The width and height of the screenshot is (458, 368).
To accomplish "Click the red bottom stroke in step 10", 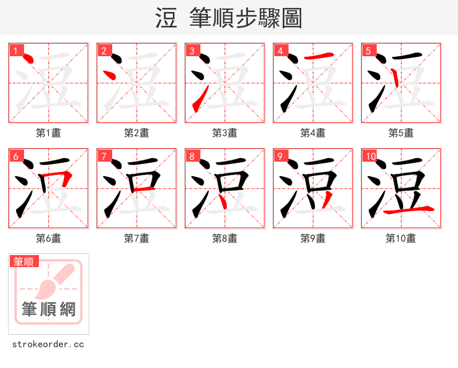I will point(408,211).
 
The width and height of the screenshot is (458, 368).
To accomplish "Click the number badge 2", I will point(104,51).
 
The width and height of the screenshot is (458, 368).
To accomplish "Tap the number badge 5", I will point(368,51).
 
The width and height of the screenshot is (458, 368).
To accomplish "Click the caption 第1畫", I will point(49,133).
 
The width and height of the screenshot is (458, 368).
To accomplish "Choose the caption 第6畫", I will point(49,238).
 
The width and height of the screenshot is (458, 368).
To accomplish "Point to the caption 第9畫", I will point(313,238).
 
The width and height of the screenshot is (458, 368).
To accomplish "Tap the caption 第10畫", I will point(401,238).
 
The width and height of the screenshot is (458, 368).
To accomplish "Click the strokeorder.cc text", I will point(48,344).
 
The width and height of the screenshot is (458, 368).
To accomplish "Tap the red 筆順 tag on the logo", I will point(24,262).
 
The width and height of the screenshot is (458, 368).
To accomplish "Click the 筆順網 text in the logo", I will point(49,310).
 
